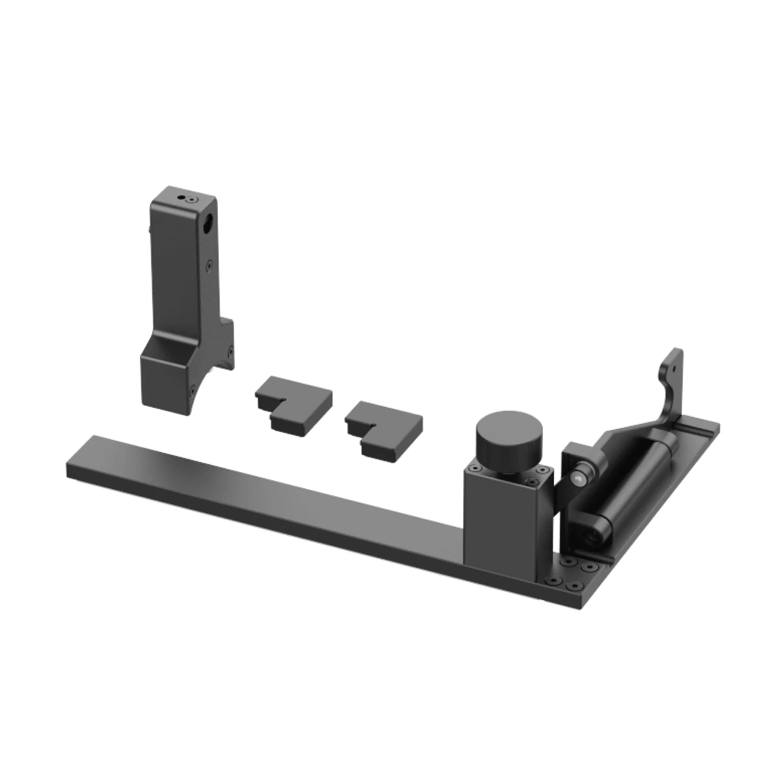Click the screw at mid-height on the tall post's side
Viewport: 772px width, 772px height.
[x=208, y=264]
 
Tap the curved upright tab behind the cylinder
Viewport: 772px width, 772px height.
[x=670, y=386]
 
